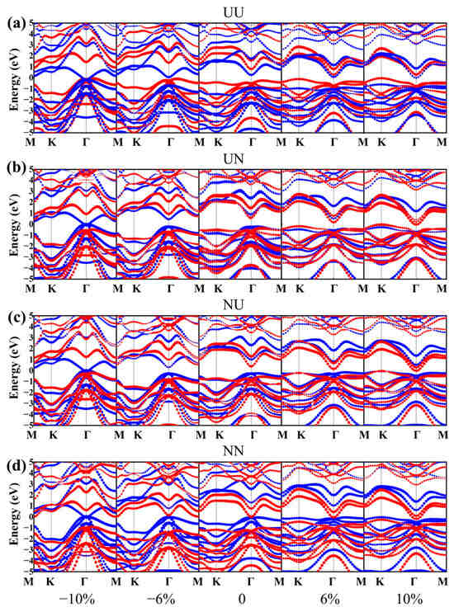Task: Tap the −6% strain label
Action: point(157,600)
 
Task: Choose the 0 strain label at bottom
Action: point(240,600)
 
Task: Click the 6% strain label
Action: point(323,600)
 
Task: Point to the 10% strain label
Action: point(404,600)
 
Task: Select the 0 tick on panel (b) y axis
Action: point(29,224)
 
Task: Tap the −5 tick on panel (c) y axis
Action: point(27,424)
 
